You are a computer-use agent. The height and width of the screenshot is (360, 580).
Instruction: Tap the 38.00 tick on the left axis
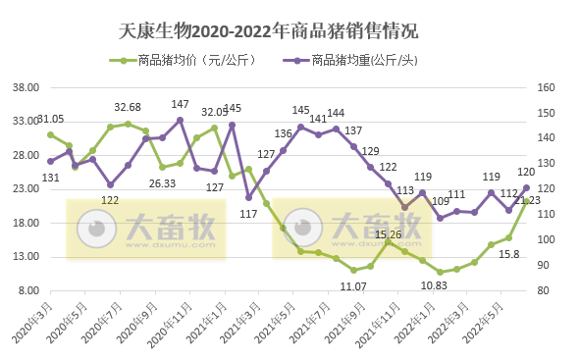24,87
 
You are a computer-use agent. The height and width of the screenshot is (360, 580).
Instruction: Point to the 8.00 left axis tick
26,291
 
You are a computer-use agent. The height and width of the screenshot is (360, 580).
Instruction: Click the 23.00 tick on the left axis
24,189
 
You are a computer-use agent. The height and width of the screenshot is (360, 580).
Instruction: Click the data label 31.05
50,119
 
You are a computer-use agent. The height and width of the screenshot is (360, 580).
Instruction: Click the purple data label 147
181,104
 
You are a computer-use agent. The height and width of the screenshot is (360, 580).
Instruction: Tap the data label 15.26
388,234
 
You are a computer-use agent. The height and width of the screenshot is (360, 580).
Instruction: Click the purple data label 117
248,213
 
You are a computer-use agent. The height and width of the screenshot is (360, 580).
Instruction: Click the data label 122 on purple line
110,200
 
